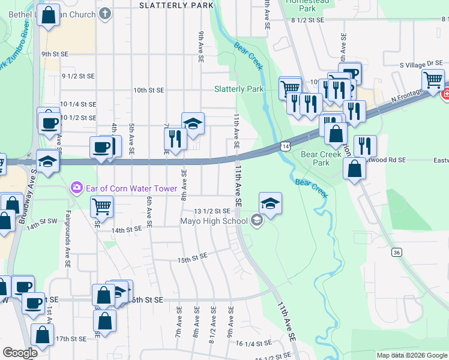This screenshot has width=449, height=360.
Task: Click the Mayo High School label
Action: [x=214, y=221]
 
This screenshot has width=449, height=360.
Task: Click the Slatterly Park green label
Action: [x=239, y=89]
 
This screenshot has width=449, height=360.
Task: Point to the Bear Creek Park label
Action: [x=321, y=158]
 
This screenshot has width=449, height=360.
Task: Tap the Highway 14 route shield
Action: [x=285, y=146]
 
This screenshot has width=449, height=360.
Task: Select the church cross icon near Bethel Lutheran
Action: [x=106, y=13]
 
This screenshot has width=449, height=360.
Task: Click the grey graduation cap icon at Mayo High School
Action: [x=257, y=221]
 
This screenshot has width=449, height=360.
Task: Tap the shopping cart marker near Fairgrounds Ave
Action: [x=101, y=206]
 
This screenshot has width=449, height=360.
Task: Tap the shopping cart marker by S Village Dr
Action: [x=433, y=80]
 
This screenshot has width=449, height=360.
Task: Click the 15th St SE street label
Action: [x=191, y=258]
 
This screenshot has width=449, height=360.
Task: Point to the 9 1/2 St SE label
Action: [x=79, y=76]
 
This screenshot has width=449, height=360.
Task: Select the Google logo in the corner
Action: [x=20, y=353]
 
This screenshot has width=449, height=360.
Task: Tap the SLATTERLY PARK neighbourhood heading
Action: [x=176, y=5]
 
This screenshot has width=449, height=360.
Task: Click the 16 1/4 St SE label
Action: [x=254, y=343]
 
